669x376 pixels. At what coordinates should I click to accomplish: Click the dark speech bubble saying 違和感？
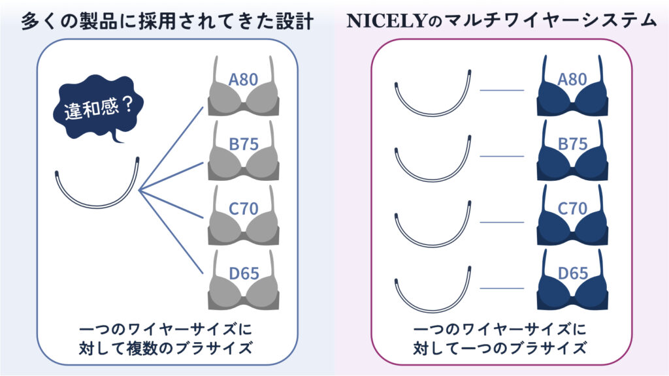98,106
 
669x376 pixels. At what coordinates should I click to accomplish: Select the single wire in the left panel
97,206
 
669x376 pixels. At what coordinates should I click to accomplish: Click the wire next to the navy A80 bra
434,114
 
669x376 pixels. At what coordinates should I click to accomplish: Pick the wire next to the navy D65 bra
434,311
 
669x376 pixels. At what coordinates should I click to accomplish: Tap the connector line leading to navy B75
502,157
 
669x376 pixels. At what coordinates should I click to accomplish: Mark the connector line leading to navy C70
502,222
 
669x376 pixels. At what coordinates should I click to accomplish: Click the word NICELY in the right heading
386,21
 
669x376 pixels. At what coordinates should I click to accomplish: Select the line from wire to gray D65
171,232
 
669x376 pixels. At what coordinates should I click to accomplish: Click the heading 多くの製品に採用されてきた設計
168,21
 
